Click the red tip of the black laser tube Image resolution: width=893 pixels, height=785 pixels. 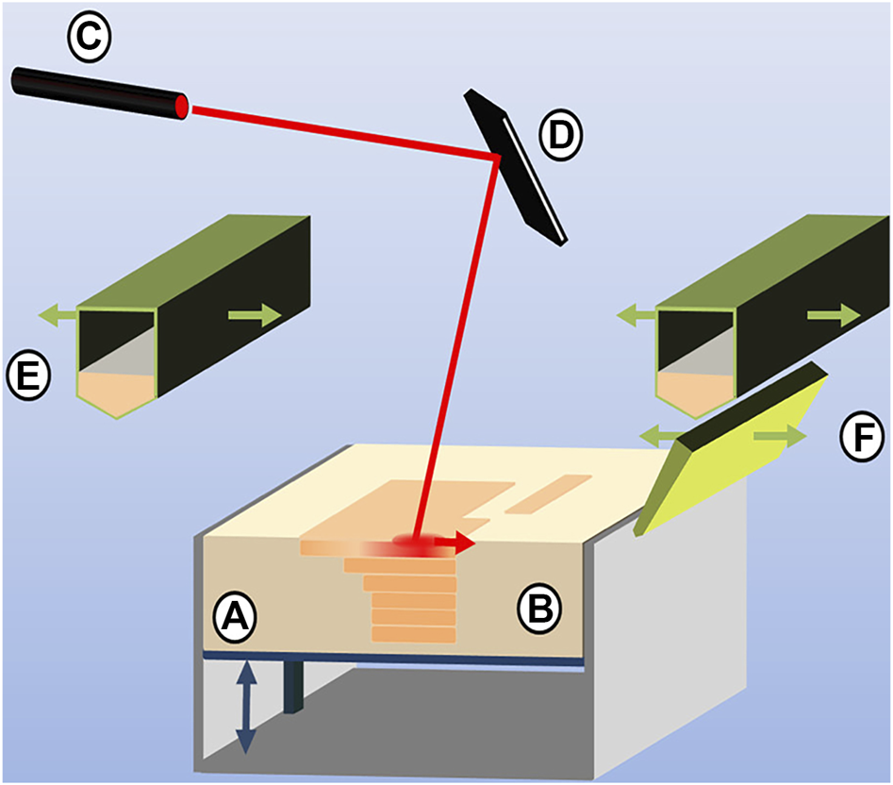click(x=180, y=106)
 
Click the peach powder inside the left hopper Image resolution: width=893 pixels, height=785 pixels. click(x=114, y=392)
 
